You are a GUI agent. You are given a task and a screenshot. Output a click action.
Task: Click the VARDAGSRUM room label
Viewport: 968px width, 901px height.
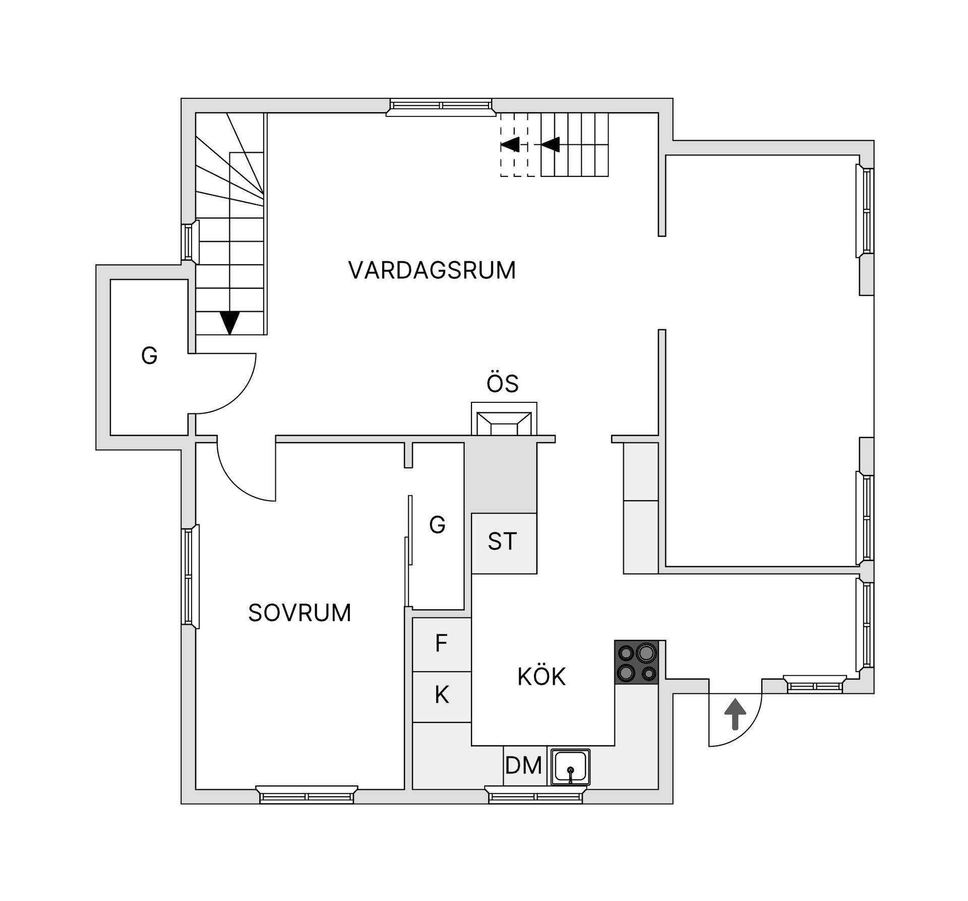pyautogui.click(x=432, y=270)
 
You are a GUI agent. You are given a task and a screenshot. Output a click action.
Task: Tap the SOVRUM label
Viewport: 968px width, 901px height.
pyautogui.click(x=299, y=613)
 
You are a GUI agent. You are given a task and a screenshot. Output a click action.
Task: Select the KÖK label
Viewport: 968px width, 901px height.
pyautogui.click(x=541, y=677)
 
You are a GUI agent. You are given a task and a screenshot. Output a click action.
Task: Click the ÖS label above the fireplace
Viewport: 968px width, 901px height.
pyautogui.click(x=503, y=384)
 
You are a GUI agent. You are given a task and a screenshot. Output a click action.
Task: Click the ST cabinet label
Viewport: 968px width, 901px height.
pyautogui.click(x=502, y=542)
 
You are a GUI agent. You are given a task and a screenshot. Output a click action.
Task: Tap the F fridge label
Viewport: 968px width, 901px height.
pyautogui.click(x=441, y=644)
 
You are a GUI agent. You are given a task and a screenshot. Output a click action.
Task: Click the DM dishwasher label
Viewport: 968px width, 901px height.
pyautogui.click(x=523, y=765)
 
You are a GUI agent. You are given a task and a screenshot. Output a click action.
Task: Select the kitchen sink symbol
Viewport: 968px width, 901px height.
pyautogui.click(x=570, y=766)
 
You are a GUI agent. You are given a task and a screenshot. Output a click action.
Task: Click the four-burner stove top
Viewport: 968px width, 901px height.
pyautogui.click(x=636, y=662)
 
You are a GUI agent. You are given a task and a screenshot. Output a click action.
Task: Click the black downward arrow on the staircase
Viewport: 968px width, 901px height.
pyautogui.click(x=230, y=322)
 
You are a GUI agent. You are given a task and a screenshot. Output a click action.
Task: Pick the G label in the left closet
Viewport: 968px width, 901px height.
pyautogui.click(x=149, y=356)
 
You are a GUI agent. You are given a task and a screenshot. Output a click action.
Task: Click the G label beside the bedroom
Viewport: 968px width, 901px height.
pyautogui.click(x=437, y=525)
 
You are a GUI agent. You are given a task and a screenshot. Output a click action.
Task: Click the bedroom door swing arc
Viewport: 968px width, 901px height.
pyautogui.click(x=237, y=484)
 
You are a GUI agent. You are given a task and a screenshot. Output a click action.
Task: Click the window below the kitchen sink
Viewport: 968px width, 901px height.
pyautogui.click(x=535, y=797)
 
